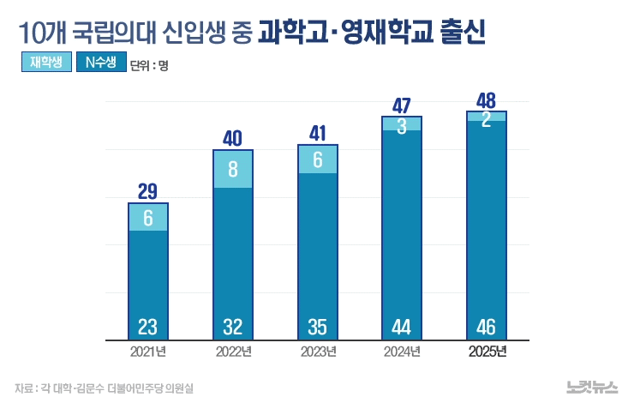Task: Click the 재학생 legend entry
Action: tap(45, 63)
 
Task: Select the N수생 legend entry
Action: tap(101, 63)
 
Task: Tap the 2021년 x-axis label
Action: tap(148, 352)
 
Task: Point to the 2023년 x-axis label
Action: tap(318, 352)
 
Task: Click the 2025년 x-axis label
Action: tap(487, 352)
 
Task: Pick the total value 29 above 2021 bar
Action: tap(147, 191)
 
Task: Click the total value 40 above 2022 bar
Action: tap(232, 138)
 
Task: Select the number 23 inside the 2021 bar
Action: tap(147, 327)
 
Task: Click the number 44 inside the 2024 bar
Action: tap(402, 327)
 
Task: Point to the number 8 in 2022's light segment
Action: tap(232, 170)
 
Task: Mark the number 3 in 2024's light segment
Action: tap(402, 125)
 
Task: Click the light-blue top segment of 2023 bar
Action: tap(318, 160)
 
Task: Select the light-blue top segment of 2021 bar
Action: tap(147, 218)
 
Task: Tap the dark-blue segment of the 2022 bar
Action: tap(232, 257)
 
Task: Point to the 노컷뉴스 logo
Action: tap(591, 388)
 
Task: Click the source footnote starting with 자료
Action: tap(103, 388)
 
